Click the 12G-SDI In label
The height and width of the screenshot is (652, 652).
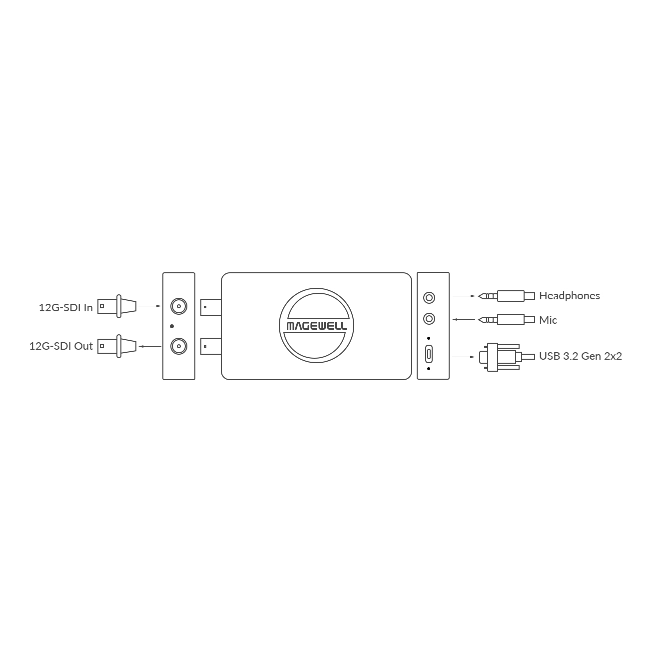pos(65,308)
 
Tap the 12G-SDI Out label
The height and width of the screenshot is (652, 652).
pos(61,346)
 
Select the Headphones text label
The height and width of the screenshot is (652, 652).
pos(570,296)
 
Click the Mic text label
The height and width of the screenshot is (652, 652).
pos(548,320)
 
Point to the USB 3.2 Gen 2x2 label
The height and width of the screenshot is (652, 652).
pos(581,356)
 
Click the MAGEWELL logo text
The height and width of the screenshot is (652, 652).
pos(317,326)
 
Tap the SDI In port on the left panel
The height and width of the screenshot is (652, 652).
pos(179,306)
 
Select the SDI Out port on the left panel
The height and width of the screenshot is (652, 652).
pos(179,346)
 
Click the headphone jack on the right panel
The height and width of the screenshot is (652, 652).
pos(429,298)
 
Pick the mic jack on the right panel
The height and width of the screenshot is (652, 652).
pos(429,319)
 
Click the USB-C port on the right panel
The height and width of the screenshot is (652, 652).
pos(429,354)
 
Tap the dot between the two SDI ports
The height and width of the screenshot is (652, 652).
pos(172,326)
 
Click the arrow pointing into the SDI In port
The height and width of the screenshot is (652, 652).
pos(150,306)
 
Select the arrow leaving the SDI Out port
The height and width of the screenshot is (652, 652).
pos(150,346)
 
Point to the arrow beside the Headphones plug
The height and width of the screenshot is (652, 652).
pos(464,296)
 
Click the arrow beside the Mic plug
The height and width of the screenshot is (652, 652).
pos(464,319)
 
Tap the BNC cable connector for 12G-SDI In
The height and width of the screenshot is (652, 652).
pos(117,306)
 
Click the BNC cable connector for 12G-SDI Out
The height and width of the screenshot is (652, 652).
pos(117,346)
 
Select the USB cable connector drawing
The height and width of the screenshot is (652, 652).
pos(507,357)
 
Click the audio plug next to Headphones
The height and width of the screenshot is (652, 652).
pos(507,296)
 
